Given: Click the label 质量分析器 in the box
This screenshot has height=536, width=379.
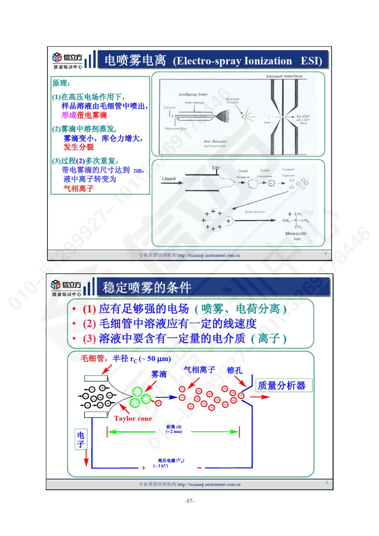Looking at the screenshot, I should (x=282, y=385).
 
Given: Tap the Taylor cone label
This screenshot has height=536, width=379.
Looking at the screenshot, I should (x=133, y=418).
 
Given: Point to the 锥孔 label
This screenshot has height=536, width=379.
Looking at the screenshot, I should (x=235, y=370).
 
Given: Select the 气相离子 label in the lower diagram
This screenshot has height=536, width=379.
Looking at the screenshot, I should (x=199, y=370).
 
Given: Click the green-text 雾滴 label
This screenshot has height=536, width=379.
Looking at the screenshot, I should (x=159, y=374).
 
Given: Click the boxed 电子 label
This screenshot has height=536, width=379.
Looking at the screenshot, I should (x=81, y=439).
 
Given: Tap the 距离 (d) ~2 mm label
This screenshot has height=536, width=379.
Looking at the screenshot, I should (x=174, y=429).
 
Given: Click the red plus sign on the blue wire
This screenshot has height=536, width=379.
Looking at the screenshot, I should (x=143, y=468).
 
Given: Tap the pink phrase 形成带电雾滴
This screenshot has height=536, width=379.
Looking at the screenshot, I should (x=84, y=115).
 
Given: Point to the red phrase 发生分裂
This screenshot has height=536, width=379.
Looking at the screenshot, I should (x=79, y=147).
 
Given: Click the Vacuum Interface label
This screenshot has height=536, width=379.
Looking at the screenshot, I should (x=284, y=76).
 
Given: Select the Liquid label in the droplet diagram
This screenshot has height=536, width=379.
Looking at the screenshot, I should (x=169, y=179).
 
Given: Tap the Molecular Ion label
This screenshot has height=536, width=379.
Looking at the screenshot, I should (x=296, y=236).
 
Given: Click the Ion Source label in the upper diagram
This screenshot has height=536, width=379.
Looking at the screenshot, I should (x=215, y=141).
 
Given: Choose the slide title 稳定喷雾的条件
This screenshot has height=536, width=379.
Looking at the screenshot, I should (x=147, y=287).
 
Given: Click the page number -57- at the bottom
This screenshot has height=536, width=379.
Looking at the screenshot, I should (x=189, y=501).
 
